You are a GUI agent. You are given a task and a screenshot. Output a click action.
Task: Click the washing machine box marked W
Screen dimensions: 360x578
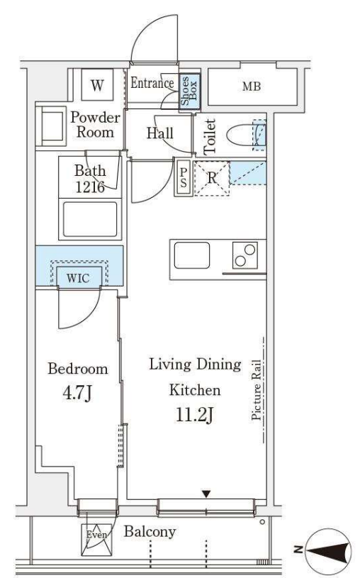point(97,85)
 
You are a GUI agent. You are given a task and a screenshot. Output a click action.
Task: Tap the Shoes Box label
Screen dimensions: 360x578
point(189,91)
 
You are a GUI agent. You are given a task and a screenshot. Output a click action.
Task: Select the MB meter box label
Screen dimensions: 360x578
point(252,87)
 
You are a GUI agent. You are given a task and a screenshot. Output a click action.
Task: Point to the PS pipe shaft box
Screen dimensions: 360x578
point(183,178)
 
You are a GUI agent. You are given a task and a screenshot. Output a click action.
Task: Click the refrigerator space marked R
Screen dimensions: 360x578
point(212,179)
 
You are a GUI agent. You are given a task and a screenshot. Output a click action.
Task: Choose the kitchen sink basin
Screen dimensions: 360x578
point(192,255)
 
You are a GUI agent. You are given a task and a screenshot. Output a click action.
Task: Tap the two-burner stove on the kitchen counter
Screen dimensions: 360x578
point(245,255)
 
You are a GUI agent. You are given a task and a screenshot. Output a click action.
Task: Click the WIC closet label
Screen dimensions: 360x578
point(78,277)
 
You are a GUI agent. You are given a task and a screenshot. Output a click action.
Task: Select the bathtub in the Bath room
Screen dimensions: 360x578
point(90,219)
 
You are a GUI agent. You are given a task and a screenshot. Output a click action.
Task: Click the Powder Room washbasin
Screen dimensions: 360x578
point(51,126)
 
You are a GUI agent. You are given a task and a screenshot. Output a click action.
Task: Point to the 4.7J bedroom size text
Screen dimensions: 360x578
point(77,394)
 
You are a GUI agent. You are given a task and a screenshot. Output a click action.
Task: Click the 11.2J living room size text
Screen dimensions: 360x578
point(195,414)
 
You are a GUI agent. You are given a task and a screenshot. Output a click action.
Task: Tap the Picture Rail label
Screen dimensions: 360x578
point(256,390)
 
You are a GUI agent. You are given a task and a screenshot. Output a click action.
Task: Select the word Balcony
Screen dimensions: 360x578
point(150,532)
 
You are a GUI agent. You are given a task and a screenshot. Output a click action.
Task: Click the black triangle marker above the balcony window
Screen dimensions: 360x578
point(206,494)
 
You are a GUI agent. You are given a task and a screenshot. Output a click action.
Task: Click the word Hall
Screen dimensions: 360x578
point(160,133)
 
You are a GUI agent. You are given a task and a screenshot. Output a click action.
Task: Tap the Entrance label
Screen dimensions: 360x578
point(152,83)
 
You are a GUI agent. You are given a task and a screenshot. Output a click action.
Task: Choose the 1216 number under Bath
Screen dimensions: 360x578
point(90,187)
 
